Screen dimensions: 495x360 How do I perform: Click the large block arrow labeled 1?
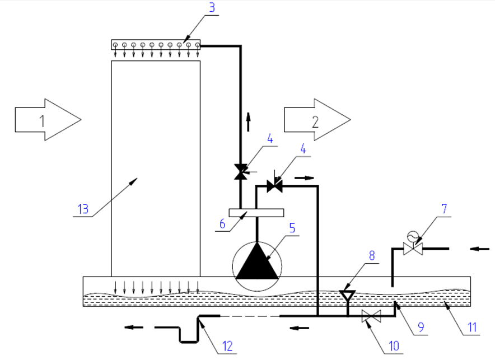point(48,120)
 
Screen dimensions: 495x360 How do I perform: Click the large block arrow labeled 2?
point(316,120)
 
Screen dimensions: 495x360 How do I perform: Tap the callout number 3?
point(212,8)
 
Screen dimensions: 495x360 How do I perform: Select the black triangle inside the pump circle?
point(257,262)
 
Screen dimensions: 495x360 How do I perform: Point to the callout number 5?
point(292,228)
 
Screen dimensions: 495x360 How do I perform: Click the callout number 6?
point(222,224)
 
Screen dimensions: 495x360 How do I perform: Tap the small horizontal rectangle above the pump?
point(256,213)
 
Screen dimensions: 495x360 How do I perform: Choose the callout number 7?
point(444,209)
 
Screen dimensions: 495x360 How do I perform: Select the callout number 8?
point(372,255)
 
